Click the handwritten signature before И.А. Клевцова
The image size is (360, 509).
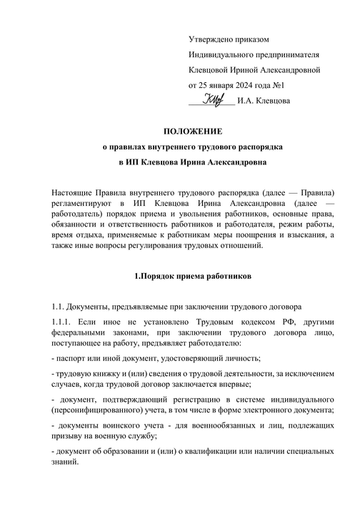point(214,99)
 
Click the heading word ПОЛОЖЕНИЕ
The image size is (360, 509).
point(193,131)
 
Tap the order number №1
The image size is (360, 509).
point(291,85)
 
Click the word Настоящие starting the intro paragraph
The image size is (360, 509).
point(75,193)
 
